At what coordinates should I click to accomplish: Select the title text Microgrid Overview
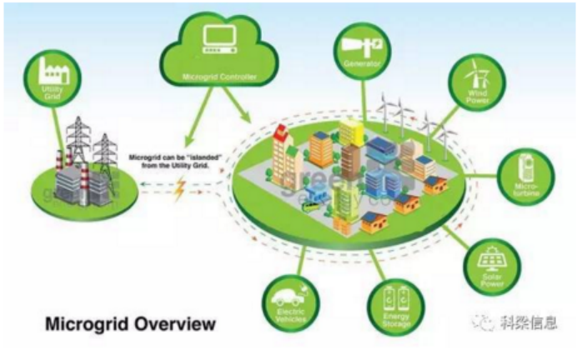tap(129, 322)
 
